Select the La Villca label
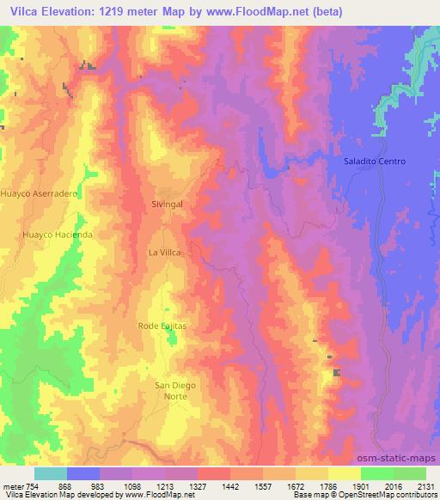pos(166,253)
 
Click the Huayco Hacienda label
pos(58,234)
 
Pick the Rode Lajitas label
pos(162,326)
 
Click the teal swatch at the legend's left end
pos(50,473)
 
